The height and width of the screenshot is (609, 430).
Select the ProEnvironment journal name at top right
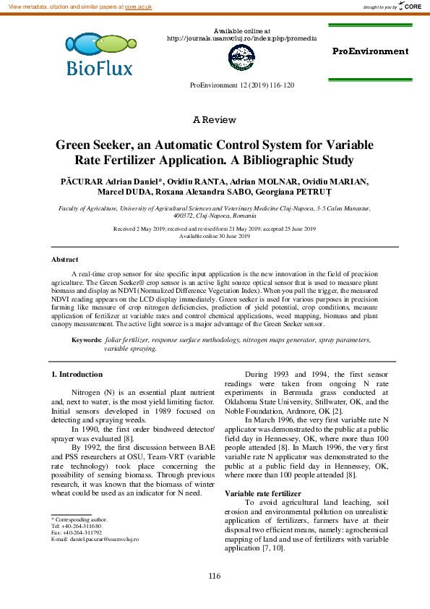(370, 51)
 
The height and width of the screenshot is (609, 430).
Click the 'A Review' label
(215, 119)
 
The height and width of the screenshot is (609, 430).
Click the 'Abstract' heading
(65, 259)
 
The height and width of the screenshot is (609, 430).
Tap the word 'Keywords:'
(86, 339)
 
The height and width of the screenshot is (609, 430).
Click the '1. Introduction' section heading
(77, 374)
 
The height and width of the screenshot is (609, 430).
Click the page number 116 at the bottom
(214, 576)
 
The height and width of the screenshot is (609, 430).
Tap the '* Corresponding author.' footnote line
(79, 519)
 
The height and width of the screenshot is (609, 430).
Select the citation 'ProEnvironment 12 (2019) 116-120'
(241, 85)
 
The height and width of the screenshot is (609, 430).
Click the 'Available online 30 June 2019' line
(215, 236)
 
